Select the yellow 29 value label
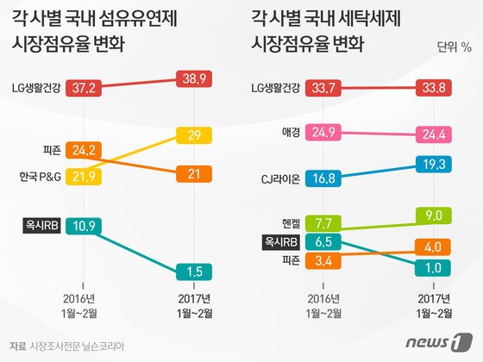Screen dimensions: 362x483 (193, 136)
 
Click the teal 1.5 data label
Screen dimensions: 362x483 (193, 273)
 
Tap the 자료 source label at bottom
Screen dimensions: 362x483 (16, 346)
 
